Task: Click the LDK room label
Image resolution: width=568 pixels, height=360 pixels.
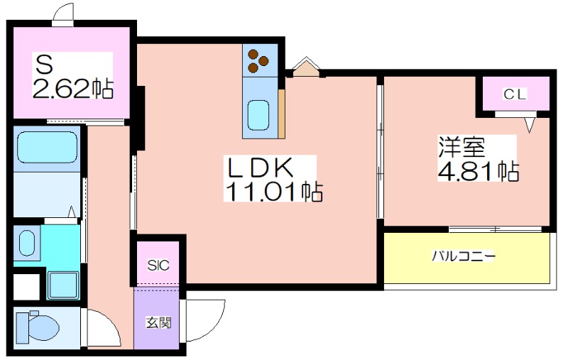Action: tap(259, 168)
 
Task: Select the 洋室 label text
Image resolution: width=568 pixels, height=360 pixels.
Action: tap(461, 147)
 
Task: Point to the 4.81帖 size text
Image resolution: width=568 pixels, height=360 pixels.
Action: tap(479, 171)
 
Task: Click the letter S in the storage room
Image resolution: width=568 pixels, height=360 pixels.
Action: tap(44, 65)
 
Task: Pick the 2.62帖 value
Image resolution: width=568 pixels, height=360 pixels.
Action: tap(73, 88)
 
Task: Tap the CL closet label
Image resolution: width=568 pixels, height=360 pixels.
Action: tap(514, 95)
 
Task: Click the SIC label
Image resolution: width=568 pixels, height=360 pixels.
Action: tap(158, 266)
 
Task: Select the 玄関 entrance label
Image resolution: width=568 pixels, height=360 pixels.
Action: tap(158, 322)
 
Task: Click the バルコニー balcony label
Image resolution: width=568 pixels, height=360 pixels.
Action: tap(464, 257)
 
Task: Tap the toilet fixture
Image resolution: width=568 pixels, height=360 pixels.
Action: tap(38, 327)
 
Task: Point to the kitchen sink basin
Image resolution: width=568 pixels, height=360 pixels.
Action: tap(258, 115)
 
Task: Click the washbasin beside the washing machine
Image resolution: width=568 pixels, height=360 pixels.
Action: tap(27, 244)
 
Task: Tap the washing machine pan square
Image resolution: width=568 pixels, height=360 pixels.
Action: tap(63, 285)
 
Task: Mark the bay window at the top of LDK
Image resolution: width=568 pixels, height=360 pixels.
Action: tap(306, 67)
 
